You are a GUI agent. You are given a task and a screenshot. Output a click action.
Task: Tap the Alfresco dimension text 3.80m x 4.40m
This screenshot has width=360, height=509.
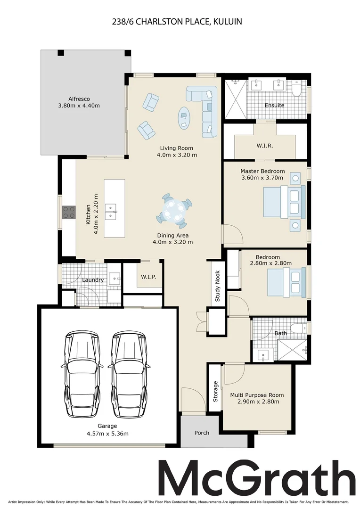79,106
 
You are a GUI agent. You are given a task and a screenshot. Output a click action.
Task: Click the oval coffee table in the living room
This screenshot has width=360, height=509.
184,117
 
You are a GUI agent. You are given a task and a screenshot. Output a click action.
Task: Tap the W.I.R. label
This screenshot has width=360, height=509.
265,146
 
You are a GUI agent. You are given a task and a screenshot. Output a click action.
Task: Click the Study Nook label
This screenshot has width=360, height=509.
218,287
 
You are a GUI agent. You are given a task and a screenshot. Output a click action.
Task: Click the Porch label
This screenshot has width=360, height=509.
202,432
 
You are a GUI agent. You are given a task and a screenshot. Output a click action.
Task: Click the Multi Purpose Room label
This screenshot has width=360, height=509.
257,395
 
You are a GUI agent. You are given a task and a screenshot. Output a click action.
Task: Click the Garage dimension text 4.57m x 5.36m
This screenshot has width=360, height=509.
107,433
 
